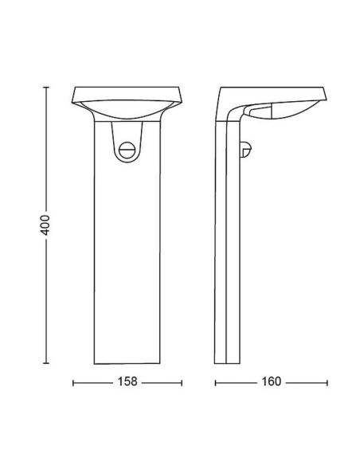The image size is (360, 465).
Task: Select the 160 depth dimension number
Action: click(x=272, y=383)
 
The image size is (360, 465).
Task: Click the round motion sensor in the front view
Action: click(x=126, y=148)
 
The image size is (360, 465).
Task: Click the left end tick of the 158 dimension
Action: click(x=73, y=383)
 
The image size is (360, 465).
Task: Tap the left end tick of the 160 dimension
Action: click(x=216, y=383)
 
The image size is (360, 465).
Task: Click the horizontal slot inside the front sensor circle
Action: click(x=126, y=149)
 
